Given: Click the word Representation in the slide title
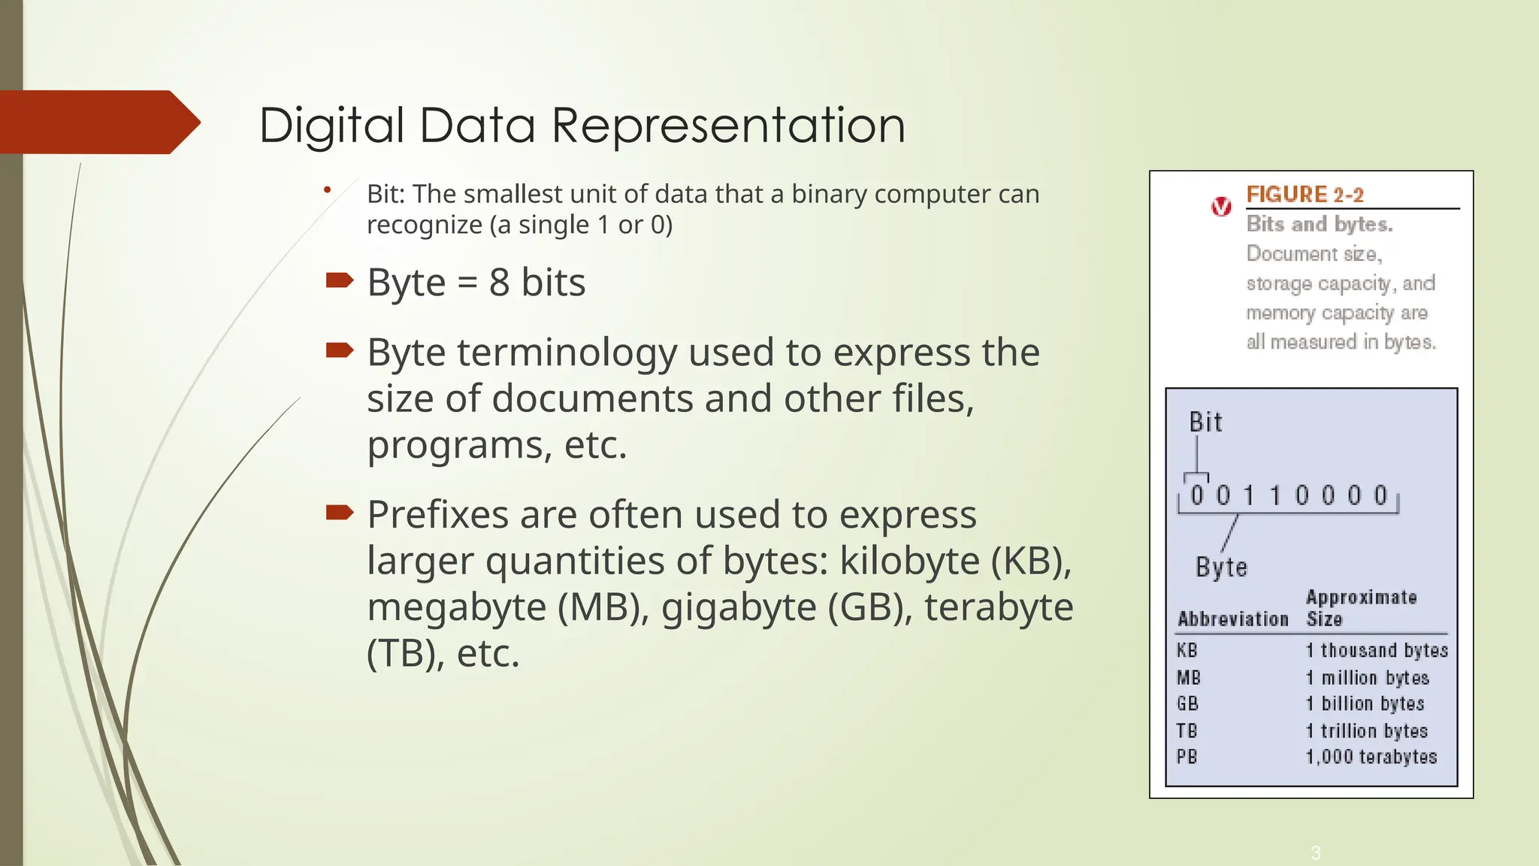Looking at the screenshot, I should click(728, 125).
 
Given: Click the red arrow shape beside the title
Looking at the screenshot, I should click(98, 123).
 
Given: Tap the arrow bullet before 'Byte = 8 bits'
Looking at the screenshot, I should click(340, 281).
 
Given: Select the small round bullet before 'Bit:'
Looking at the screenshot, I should click(327, 190).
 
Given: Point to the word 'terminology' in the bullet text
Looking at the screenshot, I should click(567, 353).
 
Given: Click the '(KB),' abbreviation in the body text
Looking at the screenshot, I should click(1031, 561).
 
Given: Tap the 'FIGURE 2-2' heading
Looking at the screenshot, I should click(1305, 195).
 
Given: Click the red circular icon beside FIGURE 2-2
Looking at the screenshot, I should click(1222, 207).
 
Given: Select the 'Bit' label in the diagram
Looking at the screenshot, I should click(1205, 422).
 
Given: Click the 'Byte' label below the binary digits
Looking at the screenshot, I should click(1221, 567).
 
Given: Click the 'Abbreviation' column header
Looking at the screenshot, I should click(1232, 619).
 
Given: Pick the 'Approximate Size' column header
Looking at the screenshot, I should click(1360, 608).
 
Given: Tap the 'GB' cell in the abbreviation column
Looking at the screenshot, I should click(1187, 704).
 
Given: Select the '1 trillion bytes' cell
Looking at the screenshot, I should click(1366, 731).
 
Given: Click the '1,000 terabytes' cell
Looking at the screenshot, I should click(1371, 757).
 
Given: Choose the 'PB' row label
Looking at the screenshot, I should click(1187, 757).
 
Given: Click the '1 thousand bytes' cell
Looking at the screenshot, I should click(1377, 650).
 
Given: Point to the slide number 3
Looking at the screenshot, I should click(1315, 852).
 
